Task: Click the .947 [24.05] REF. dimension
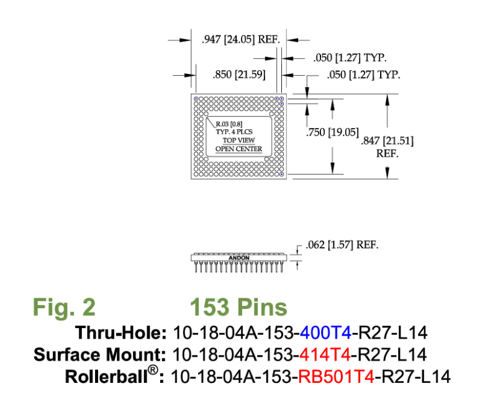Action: (x=241, y=40)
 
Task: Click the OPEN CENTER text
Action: (x=238, y=149)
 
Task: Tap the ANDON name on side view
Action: (x=239, y=257)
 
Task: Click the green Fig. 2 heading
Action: (x=64, y=307)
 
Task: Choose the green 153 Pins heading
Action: (x=238, y=307)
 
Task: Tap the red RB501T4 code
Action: (x=339, y=377)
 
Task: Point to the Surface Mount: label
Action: (x=99, y=355)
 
